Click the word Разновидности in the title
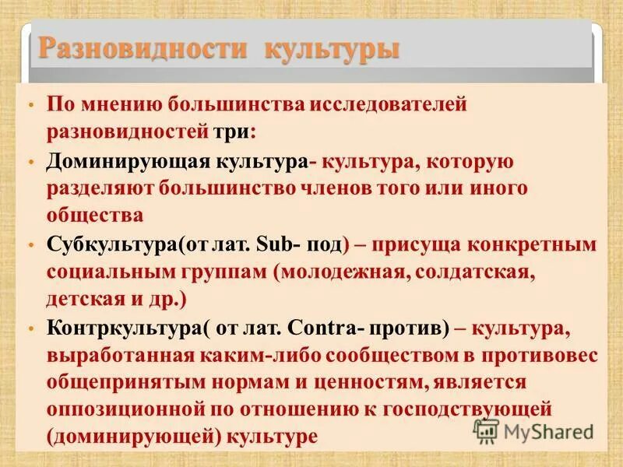(143, 49)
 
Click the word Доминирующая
(125, 163)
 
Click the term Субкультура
(113, 246)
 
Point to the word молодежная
(328, 272)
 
